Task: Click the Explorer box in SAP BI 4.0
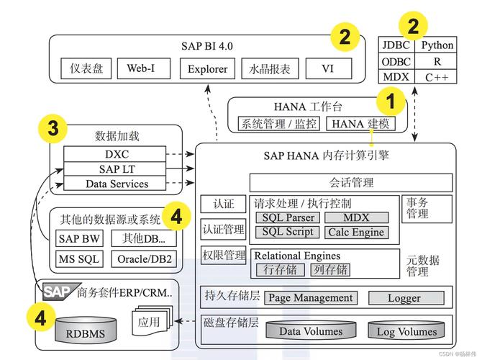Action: tap(208, 69)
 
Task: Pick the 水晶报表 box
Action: tap(270, 69)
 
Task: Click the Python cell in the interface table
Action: tap(437, 45)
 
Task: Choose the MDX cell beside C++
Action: tap(396, 77)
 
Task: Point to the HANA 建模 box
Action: tap(360, 124)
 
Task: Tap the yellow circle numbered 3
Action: tap(53, 130)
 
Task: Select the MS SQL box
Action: tap(79, 258)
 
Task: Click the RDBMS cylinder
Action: tap(86, 331)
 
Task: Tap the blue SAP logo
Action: tap(58, 292)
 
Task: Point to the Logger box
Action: tap(404, 297)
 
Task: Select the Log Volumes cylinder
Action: tap(406, 330)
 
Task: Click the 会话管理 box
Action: tap(351, 183)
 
